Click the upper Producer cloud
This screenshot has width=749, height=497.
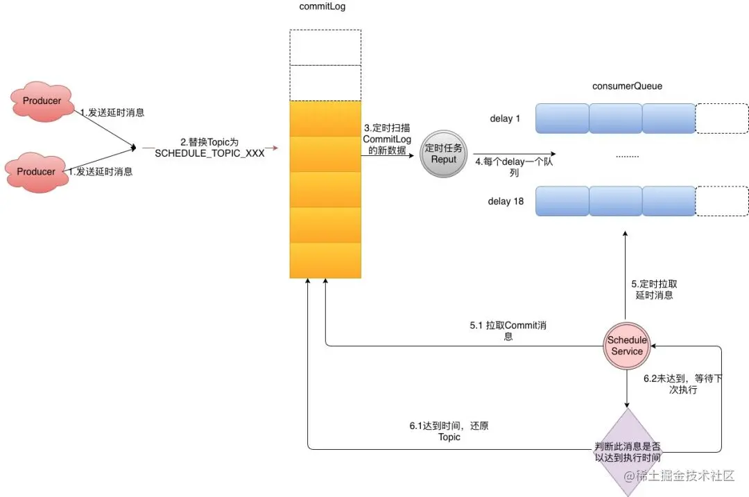(x=42, y=101)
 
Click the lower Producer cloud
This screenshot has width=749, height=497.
(x=36, y=172)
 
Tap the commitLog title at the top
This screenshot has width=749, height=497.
(x=322, y=7)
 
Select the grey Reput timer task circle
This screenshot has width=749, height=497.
(x=444, y=154)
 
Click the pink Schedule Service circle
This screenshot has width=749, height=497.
(x=627, y=346)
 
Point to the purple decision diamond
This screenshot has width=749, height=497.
(x=627, y=452)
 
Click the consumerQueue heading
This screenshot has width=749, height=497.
(x=627, y=86)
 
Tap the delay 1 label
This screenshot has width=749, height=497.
(x=505, y=119)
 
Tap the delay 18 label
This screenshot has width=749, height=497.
(x=506, y=202)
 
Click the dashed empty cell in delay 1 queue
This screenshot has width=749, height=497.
(x=722, y=119)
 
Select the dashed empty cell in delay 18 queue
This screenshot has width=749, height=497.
(x=722, y=201)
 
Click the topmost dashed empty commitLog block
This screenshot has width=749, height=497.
(x=325, y=47)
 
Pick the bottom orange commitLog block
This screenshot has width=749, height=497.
(x=325, y=260)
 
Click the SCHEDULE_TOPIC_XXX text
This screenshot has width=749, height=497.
(x=209, y=153)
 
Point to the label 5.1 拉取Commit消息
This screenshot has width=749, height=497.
(x=508, y=331)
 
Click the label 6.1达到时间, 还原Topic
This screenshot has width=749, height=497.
(x=449, y=431)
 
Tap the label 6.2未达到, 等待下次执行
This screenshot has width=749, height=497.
(x=683, y=384)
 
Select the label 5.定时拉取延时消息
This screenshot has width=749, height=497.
(x=654, y=289)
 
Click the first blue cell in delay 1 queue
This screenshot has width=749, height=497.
(x=562, y=119)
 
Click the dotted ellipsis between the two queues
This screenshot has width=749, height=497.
(x=627, y=156)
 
